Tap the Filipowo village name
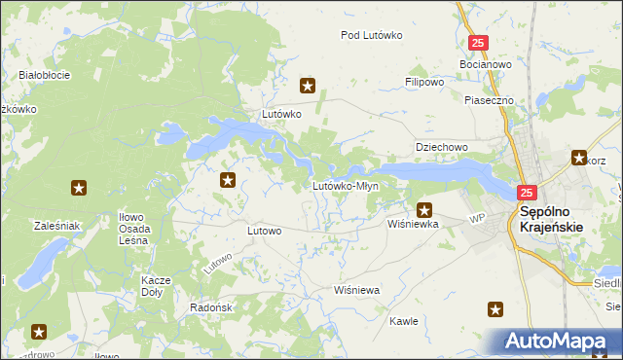click(x=424, y=83)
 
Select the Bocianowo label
click(x=485, y=64)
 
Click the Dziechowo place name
click(x=442, y=147)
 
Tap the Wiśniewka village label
click(x=414, y=223)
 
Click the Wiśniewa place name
click(x=355, y=290)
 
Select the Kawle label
click(x=403, y=320)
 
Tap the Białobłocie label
click(x=43, y=74)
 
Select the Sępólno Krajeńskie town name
click(x=552, y=219)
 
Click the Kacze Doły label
click(x=156, y=286)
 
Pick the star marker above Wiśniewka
click(x=424, y=208)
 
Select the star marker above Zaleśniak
click(x=79, y=188)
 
